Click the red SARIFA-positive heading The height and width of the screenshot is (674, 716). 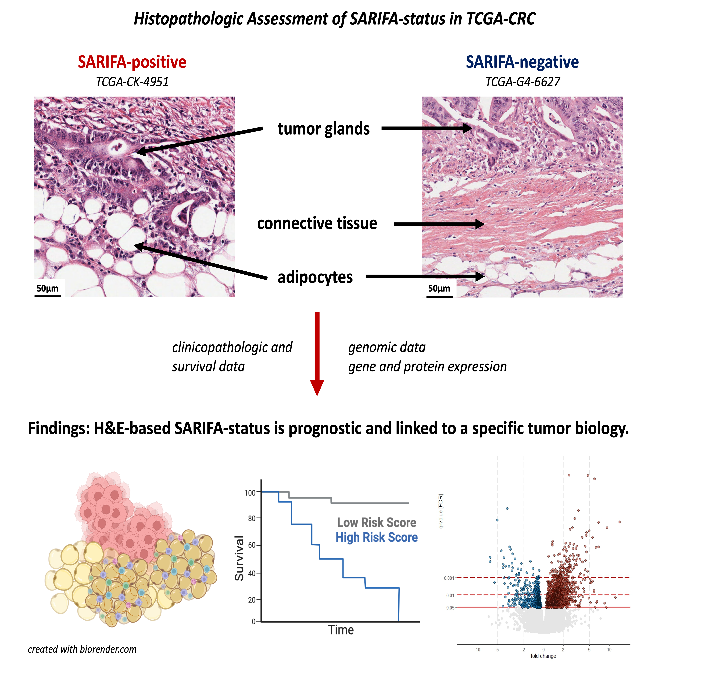pyautogui.click(x=132, y=62)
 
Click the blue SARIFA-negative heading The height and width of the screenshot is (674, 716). pyautogui.click(x=522, y=62)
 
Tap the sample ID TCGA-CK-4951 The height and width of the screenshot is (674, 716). pyautogui.click(x=132, y=82)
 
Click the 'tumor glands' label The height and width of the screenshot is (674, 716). pyautogui.click(x=323, y=129)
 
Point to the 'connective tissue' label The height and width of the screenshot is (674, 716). pyautogui.click(x=317, y=223)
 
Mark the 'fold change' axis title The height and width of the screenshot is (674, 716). pyautogui.click(x=543, y=656)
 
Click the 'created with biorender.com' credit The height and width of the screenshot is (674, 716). pyautogui.click(x=82, y=649)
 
